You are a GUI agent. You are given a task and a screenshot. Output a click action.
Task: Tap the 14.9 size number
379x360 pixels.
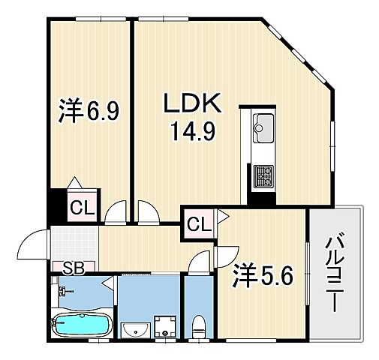(x=191, y=132)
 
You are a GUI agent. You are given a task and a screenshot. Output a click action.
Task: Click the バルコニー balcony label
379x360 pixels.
(x=335, y=274)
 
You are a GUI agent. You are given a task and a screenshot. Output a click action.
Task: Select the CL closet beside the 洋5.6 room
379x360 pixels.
(x=198, y=223)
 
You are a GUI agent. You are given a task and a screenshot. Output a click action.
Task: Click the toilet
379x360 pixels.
(x=199, y=327)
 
